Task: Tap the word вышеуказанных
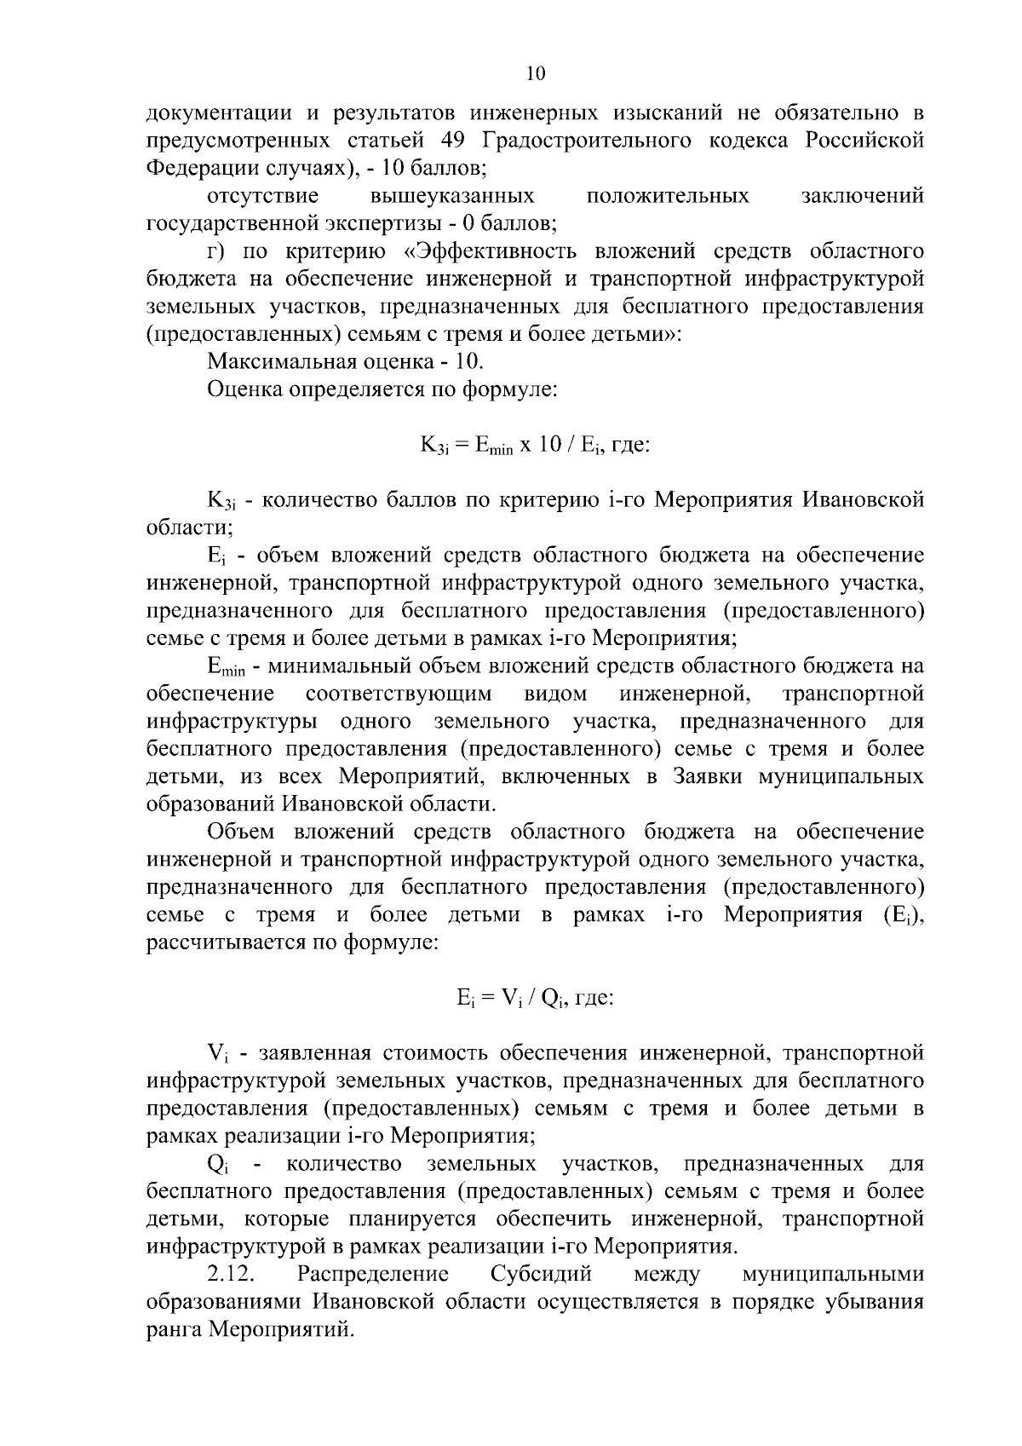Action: [452, 196]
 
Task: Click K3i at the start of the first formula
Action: [432, 446]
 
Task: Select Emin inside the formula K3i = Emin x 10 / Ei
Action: [494, 446]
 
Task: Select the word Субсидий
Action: [541, 1275]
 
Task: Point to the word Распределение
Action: [372, 1275]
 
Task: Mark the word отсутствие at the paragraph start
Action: [262, 196]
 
